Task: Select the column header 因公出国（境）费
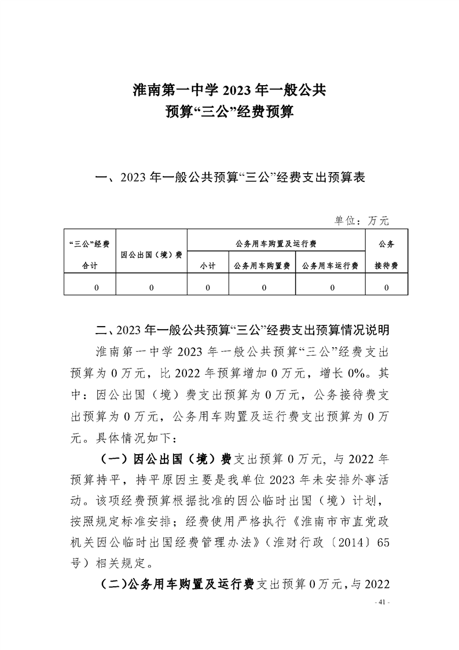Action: [x=151, y=254]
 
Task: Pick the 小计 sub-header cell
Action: [x=208, y=265]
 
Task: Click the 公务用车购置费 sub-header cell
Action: [x=262, y=265]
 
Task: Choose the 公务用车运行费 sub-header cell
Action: [x=330, y=265]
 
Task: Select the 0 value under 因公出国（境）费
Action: [x=151, y=287]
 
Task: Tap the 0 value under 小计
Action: [x=208, y=287]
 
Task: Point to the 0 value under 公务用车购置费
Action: [x=262, y=287]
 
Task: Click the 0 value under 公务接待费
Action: [x=386, y=287]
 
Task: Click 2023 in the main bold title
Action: [x=239, y=90]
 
